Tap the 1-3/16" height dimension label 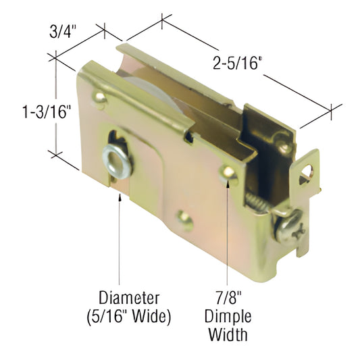pos(26,111)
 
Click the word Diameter pos(128,297)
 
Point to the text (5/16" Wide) pos(128,315)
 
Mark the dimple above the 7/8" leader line pos(229,174)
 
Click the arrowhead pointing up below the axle pos(120,196)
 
